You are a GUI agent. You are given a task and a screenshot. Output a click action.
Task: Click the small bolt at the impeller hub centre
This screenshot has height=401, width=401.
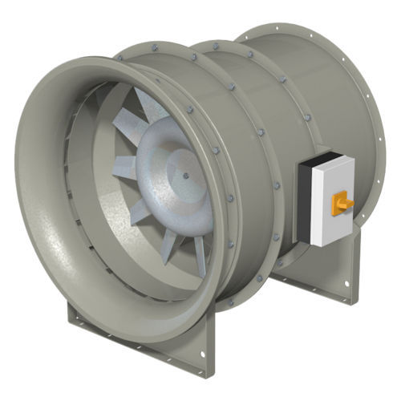pos(185,170)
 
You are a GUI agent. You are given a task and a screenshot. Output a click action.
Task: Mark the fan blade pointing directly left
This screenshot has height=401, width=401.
pos(124,168)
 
